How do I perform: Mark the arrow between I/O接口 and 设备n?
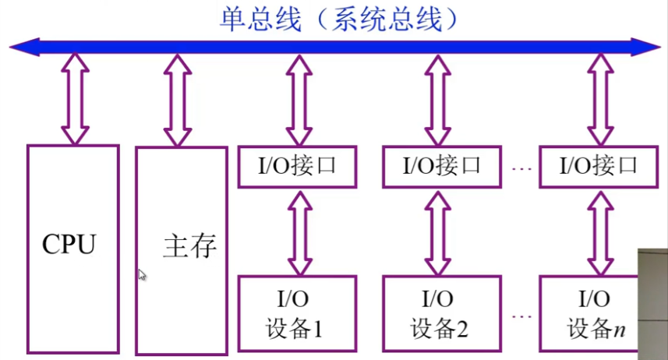(599, 230)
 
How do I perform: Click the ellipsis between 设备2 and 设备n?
(523, 316)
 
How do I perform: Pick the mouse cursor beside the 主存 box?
(143, 274)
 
